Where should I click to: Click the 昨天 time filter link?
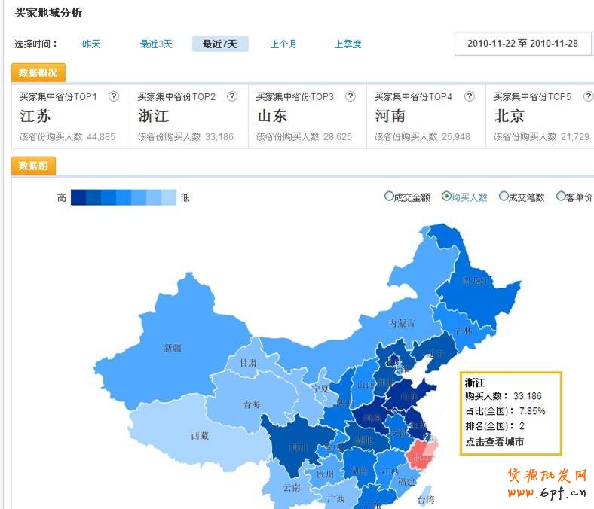[91, 44]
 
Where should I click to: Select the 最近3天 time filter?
[156, 44]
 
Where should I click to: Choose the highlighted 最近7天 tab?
[219, 44]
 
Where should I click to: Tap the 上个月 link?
[283, 44]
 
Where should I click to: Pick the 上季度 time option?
[348, 44]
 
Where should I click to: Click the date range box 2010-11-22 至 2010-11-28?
[522, 44]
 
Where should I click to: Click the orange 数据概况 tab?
[38, 73]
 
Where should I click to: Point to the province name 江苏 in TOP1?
[35, 117]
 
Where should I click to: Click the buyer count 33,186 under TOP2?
[219, 137]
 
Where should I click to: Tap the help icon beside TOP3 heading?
[351, 96]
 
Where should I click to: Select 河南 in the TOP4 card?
[390, 117]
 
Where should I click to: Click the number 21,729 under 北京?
[574, 137]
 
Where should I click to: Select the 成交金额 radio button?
[389, 197]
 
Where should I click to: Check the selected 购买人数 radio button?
[446, 197]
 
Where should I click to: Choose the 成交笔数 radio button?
[504, 197]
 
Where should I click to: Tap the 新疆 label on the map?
[173, 348]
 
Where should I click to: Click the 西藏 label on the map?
[199, 436]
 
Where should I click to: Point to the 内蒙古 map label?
[402, 323]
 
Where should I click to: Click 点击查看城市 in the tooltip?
[494, 442]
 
